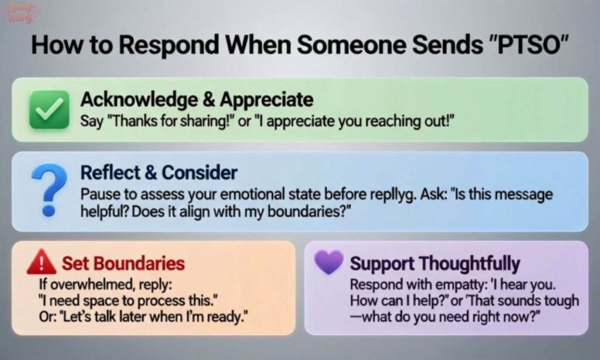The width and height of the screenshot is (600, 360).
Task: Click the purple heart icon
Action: tap(328, 262)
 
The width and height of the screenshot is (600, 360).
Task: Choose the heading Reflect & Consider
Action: tap(159, 173)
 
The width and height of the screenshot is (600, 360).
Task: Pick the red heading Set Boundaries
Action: tap(123, 263)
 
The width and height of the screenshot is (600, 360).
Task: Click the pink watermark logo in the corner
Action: tap(22, 13)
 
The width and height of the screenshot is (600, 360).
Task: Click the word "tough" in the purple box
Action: tap(561, 301)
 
